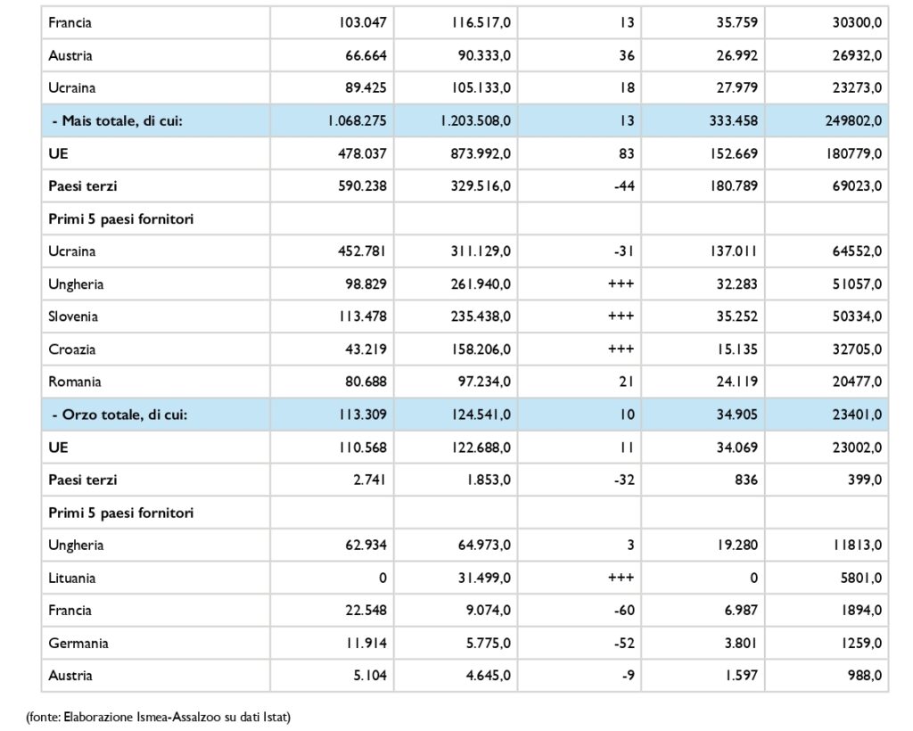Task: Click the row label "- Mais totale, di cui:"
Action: click(x=118, y=121)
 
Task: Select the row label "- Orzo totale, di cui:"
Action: click(x=120, y=415)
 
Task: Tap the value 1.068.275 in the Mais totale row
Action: click(x=357, y=121)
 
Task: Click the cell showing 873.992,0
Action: click(x=481, y=153)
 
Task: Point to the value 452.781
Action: click(x=362, y=251)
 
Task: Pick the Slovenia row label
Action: click(x=73, y=316)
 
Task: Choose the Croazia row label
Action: click(x=71, y=349)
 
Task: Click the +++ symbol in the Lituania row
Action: click(x=621, y=578)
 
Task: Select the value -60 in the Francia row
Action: click(x=624, y=611)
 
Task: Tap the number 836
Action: click(x=746, y=480)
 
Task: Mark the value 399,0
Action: click(x=865, y=480)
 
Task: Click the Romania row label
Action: click(x=75, y=382)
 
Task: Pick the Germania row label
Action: click(x=78, y=643)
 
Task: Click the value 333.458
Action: click(x=734, y=121)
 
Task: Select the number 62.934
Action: click(x=362, y=546)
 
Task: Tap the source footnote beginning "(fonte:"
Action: click(x=159, y=717)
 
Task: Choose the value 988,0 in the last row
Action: click(x=865, y=676)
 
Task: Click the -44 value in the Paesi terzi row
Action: click(x=624, y=186)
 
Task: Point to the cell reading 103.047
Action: click(x=362, y=22)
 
